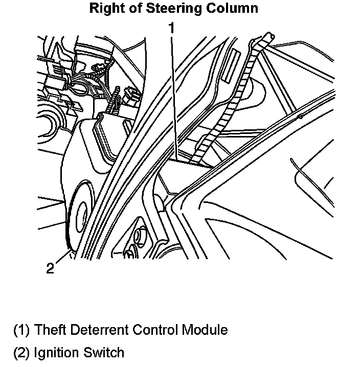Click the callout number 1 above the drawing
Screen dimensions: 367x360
172,28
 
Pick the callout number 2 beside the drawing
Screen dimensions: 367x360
50,268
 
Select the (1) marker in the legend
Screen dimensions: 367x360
21,330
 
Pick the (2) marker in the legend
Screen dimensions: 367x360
21,352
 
